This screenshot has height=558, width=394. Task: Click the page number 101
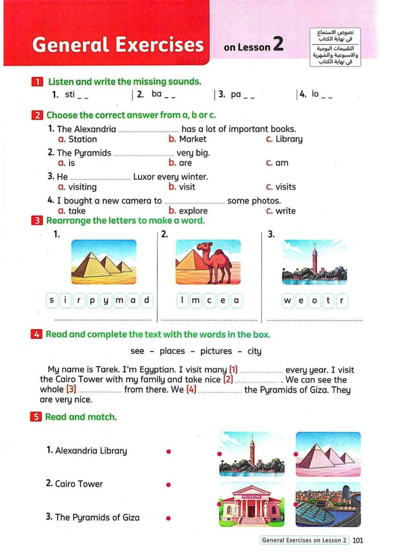pos(357,541)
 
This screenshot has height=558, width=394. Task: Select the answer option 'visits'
pos(285,187)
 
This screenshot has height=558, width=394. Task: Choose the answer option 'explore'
pos(194,211)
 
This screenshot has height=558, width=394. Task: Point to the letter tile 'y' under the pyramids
pos(106,300)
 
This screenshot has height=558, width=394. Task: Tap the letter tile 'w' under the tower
pos(288,301)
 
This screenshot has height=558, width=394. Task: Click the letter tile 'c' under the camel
pos(209,300)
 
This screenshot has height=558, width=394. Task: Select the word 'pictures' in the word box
pos(216,351)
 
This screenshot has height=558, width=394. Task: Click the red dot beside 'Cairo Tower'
pos(168,484)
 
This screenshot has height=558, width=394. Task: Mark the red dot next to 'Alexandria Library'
pos(168,451)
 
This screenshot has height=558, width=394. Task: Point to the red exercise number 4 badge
pos(37,335)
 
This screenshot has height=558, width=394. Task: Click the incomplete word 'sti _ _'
pos(76,94)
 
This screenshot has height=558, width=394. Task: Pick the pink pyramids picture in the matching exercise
pos(328,454)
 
